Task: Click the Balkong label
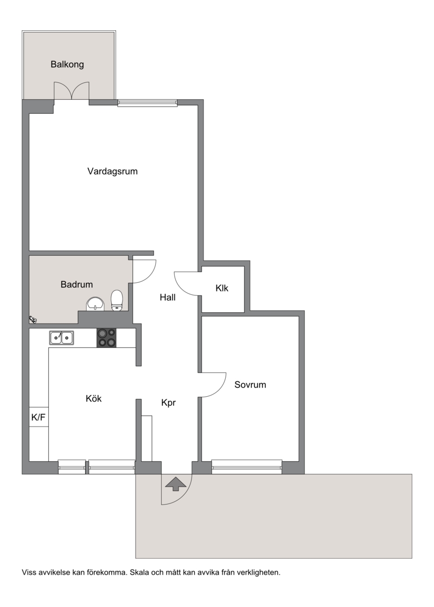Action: tap(67, 64)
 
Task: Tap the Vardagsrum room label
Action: tap(112, 171)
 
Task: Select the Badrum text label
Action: tap(76, 285)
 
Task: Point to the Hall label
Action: tap(168, 298)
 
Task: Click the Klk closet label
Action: tap(222, 288)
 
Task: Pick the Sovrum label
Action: tap(250, 385)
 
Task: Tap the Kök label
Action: tap(94, 398)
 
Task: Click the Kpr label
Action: tap(169, 403)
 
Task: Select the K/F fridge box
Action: tap(39, 417)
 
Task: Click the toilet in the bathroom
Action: tap(117, 301)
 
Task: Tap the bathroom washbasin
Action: tap(95, 304)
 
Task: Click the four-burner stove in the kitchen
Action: tap(106, 338)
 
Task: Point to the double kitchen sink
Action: tap(62, 338)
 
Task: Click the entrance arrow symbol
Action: tap(176, 484)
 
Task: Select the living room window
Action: tap(147, 102)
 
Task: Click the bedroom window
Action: tap(247, 467)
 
